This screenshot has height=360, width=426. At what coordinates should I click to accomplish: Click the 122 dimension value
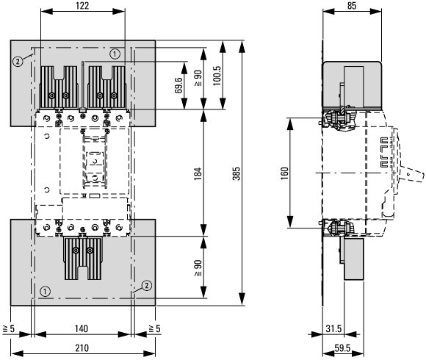pyautogui.click(x=82, y=6)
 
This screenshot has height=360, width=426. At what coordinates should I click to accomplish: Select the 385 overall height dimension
pyautogui.click(x=237, y=173)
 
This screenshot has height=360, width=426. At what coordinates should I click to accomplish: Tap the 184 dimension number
pyautogui.click(x=198, y=173)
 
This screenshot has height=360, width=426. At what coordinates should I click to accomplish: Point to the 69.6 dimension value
pyautogui.click(x=178, y=85)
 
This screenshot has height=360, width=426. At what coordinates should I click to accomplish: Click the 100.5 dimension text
pyautogui.click(x=217, y=76)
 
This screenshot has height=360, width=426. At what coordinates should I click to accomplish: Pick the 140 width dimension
pyautogui.click(x=82, y=328)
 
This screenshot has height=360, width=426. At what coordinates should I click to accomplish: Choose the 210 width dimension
pyautogui.click(x=82, y=348)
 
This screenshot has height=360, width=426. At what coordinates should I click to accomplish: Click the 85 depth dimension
pyautogui.click(x=352, y=6)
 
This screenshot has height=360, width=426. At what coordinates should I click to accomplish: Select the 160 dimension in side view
pyautogui.click(x=284, y=173)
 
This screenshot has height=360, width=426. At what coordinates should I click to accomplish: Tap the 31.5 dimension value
pyautogui.click(x=333, y=328)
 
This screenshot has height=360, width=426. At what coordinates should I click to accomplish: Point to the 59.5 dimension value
pyautogui.click(x=342, y=348)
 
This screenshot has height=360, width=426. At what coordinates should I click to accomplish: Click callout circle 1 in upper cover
pyautogui.click(x=115, y=54)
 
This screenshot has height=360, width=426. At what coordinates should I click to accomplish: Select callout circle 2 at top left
pyautogui.click(x=18, y=62)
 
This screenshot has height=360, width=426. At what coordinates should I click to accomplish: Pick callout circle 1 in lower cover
pyautogui.click(x=45, y=292)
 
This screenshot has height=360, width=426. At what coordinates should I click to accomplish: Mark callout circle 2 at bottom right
pyautogui.click(x=147, y=286)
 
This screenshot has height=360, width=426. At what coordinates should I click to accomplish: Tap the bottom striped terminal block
pyautogui.click(x=83, y=258)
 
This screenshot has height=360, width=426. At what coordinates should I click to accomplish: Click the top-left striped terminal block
pyautogui.click(x=59, y=87)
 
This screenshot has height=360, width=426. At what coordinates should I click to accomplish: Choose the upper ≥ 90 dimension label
pyautogui.click(x=198, y=79)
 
